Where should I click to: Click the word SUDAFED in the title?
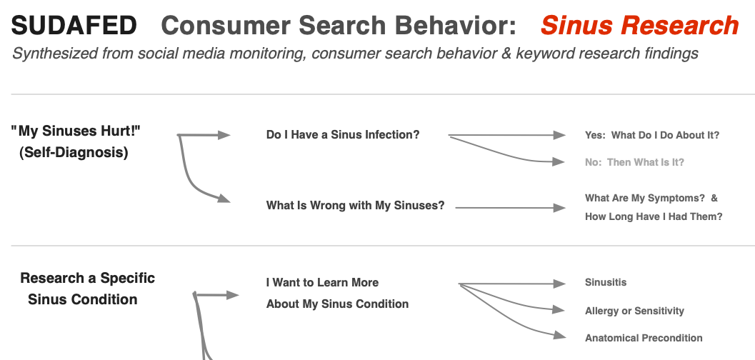point(74,26)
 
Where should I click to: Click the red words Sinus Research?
point(639,26)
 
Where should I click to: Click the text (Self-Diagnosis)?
point(74,152)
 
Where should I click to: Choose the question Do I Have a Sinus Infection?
point(343,134)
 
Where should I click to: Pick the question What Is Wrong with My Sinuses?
point(355,206)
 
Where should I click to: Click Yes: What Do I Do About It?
point(652,135)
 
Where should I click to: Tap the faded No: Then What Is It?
point(634,162)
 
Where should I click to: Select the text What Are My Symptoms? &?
point(651,198)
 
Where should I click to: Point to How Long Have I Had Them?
point(654,216)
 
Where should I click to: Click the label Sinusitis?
point(606,282)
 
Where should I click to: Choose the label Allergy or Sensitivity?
point(634,311)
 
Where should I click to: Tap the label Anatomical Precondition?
point(644,338)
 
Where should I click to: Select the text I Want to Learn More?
point(322,282)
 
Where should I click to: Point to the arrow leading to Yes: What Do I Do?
point(507,134)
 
